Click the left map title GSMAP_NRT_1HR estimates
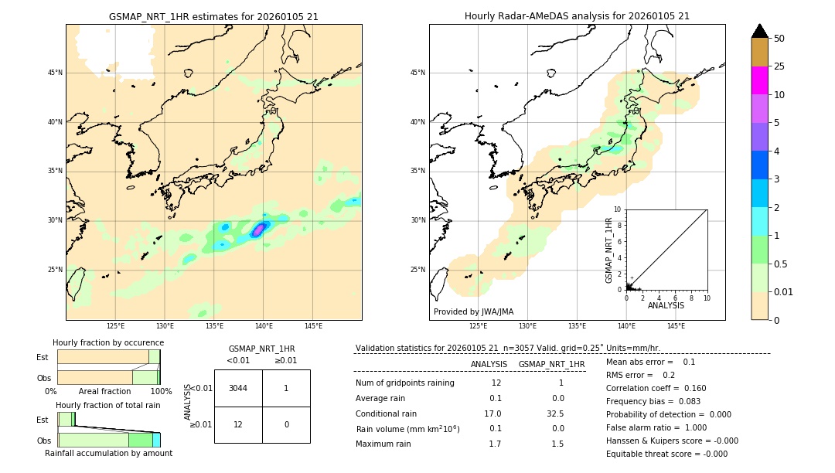coord(213,16)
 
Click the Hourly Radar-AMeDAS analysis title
coord(577,16)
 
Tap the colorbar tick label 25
coord(779,66)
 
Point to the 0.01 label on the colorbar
coord(784,291)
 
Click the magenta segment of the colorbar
coord(759,80)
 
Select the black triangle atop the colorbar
coord(759,31)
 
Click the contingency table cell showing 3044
coord(238,388)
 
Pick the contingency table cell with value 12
coord(238,424)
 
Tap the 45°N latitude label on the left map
coord(55,73)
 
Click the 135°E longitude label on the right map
coord(577,326)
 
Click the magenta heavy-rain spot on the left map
coord(259,230)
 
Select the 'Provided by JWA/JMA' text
coord(473,312)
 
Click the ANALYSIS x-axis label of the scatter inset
coord(666,306)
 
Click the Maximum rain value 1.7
coord(495,444)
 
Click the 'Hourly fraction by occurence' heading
coord(108,342)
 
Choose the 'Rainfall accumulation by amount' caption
coord(108,453)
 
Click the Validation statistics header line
coord(507,348)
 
